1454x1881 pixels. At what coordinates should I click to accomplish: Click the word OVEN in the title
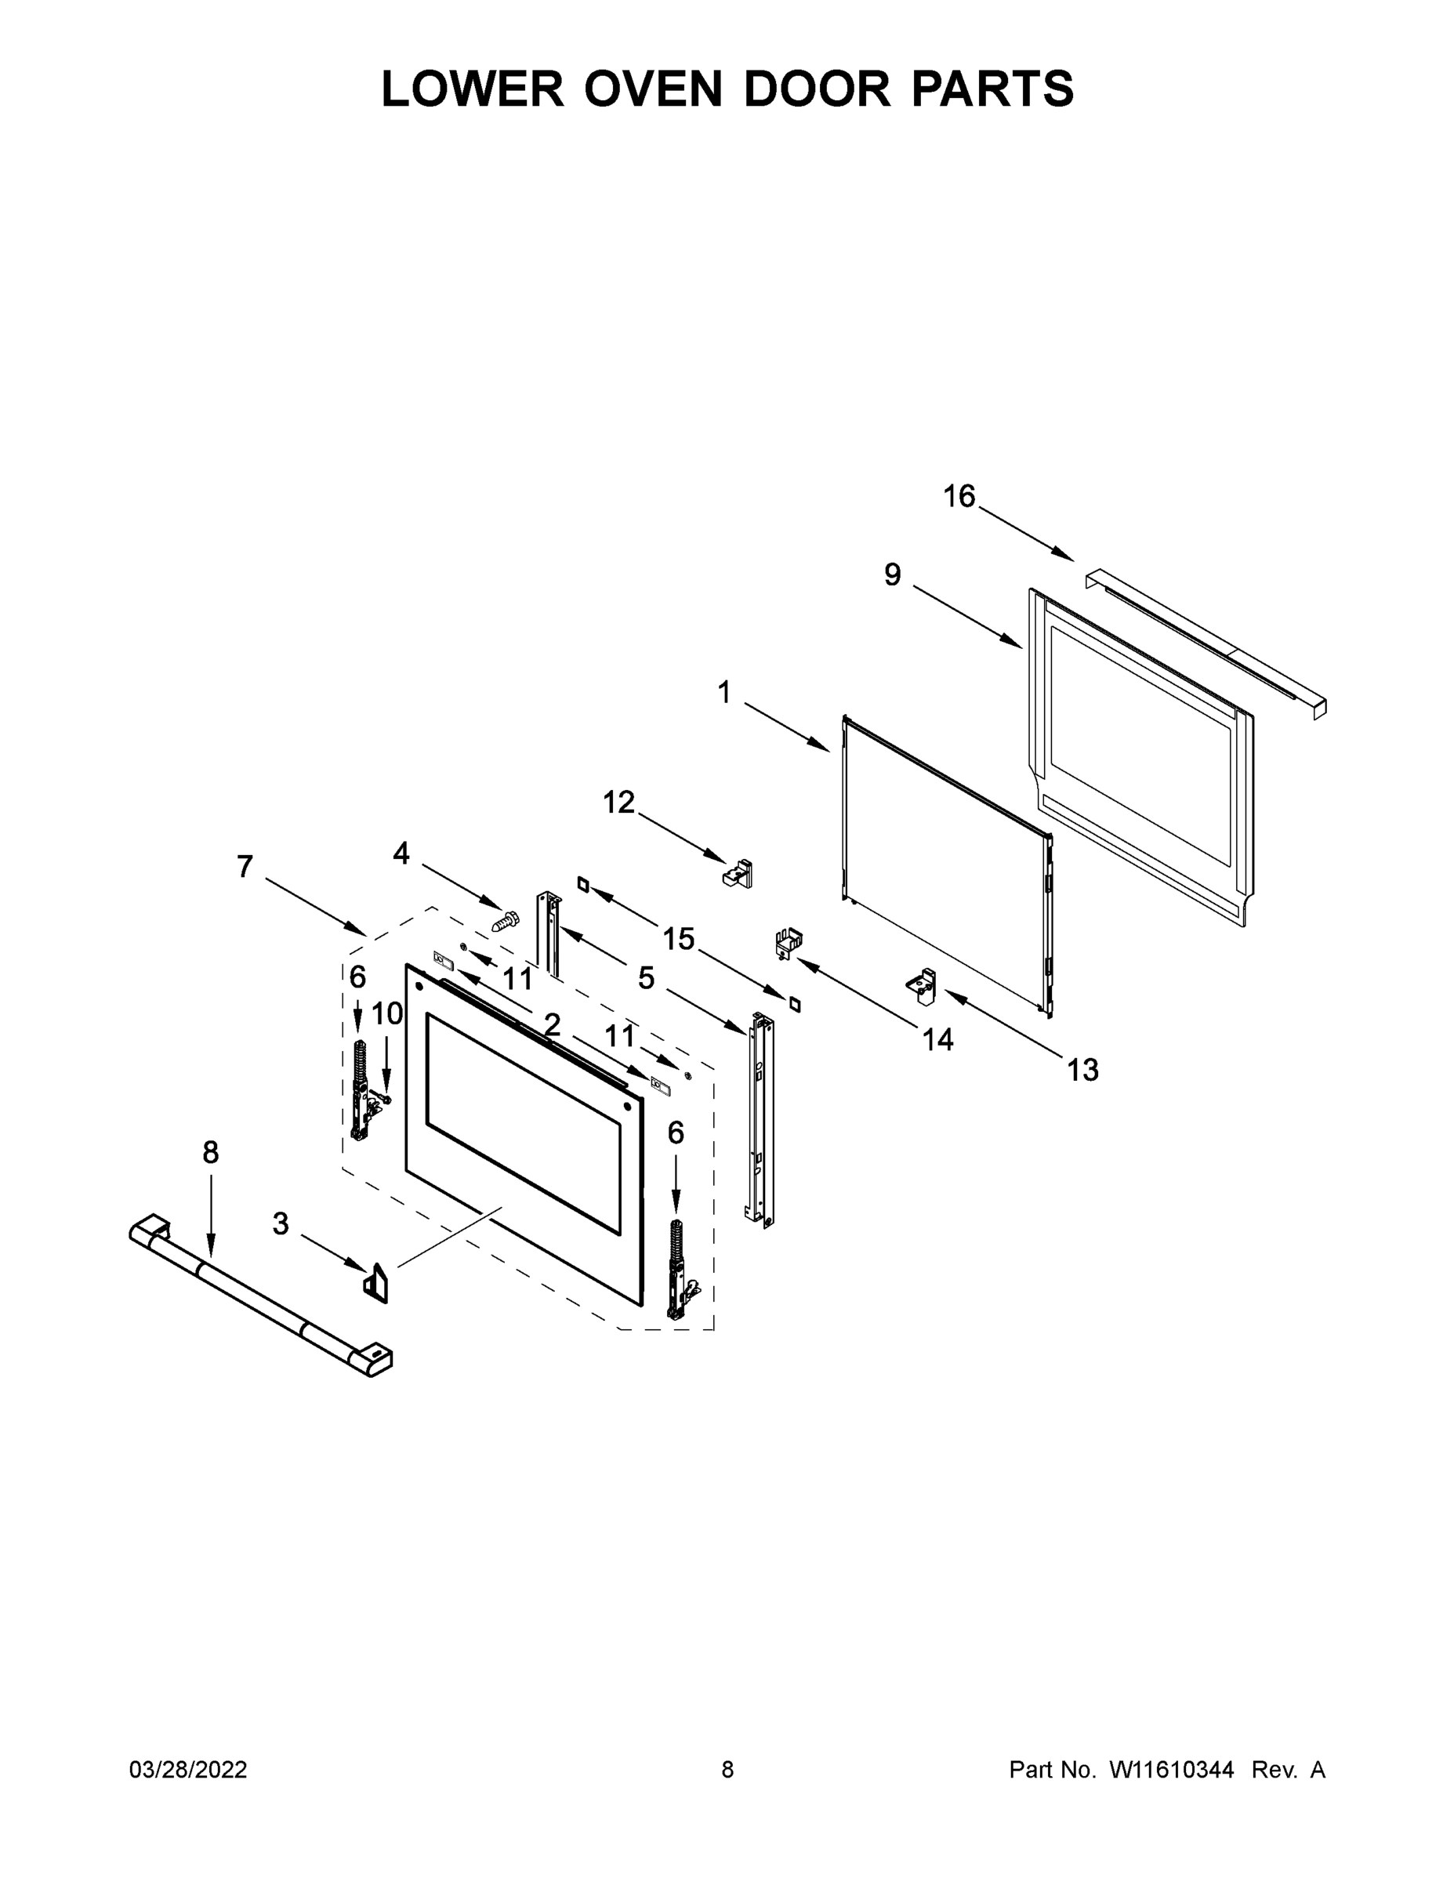[x=652, y=89]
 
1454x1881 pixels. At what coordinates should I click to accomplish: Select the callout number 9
[x=892, y=574]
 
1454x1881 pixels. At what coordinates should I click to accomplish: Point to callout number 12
[x=618, y=802]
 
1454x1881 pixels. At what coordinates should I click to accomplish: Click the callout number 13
[x=1082, y=1070]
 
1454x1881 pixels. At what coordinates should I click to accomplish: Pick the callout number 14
[x=938, y=1039]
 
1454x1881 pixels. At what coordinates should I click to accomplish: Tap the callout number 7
[x=245, y=866]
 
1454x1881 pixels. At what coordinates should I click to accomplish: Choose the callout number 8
[x=211, y=1152]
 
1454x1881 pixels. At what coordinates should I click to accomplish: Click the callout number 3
[x=281, y=1224]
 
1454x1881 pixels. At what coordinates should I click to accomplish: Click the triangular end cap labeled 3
[x=375, y=1282]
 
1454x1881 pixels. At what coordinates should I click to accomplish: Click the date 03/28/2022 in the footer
[x=188, y=1770]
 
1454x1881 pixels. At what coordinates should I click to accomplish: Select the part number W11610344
[x=1172, y=1770]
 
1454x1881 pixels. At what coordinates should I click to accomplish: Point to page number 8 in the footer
[x=728, y=1770]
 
